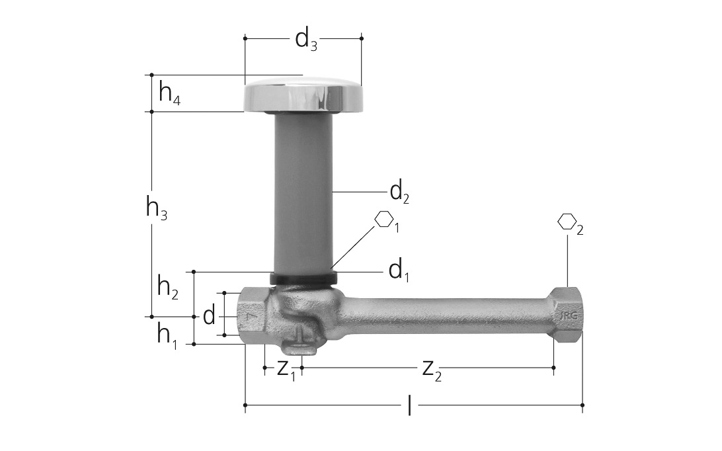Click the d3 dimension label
coord(305,40)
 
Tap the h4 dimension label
coord(169,93)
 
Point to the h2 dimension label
coord(168,288)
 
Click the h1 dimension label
coord(167,335)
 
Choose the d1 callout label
coord(399,271)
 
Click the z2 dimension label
coord(432,370)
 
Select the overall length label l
coord(410,405)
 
